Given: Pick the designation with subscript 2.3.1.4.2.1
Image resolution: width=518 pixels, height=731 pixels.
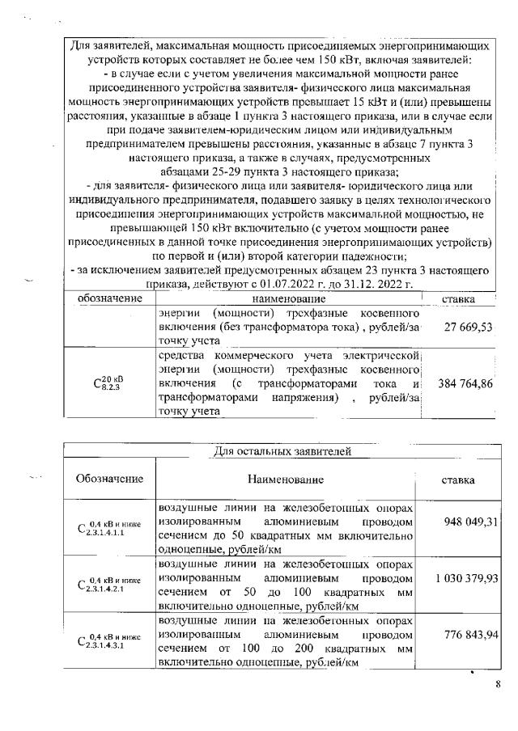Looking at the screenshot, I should [x=109, y=585].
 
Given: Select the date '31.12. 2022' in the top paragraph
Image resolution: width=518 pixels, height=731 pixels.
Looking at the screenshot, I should [x=380, y=285].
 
